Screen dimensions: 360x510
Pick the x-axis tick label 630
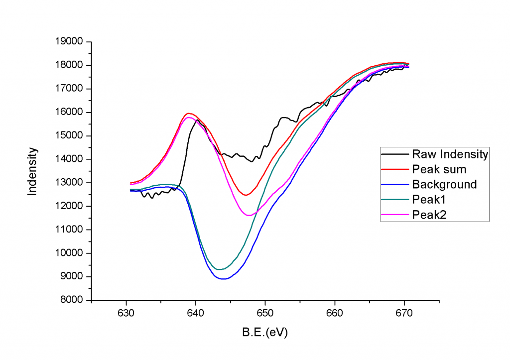126,313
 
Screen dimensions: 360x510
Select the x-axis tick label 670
403,313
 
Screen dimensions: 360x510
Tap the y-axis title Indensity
32,171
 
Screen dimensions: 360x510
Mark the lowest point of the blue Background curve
224,279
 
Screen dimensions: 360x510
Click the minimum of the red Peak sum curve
246,195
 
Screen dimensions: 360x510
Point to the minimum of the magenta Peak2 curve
249,215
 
